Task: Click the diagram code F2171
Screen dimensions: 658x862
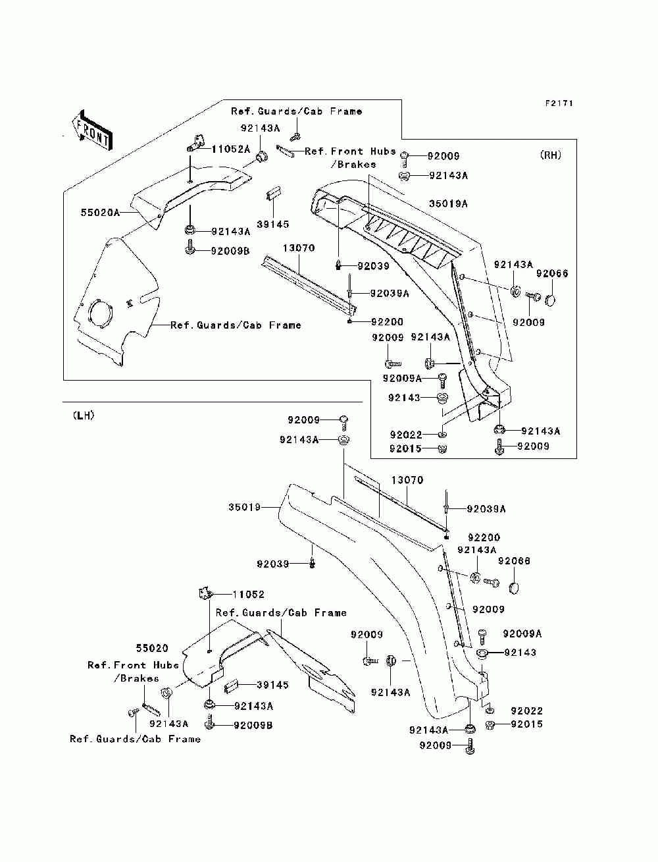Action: (559, 103)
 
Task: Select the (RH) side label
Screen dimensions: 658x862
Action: (551, 155)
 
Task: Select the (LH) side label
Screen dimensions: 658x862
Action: (84, 416)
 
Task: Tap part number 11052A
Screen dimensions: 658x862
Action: (231, 149)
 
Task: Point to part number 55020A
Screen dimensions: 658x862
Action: (100, 213)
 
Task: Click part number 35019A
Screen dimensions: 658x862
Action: (448, 204)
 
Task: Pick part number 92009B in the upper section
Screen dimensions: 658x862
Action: (230, 251)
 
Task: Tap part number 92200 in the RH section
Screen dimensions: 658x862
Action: (387, 322)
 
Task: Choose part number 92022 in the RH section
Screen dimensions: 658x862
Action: (406, 435)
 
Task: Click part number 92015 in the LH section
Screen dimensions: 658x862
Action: (526, 724)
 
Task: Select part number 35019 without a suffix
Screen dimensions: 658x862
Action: (244, 507)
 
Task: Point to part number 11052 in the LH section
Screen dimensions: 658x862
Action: (248, 595)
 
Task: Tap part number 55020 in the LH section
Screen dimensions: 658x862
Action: (152, 648)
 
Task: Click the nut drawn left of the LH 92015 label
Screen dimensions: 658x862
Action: (490, 725)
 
